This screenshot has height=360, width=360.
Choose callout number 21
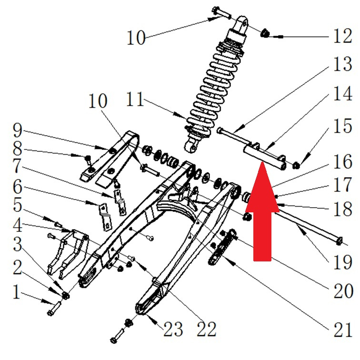(x=342, y=329)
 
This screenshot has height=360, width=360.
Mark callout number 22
(x=206, y=328)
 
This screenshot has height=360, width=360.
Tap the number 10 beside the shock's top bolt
(x=136, y=37)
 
